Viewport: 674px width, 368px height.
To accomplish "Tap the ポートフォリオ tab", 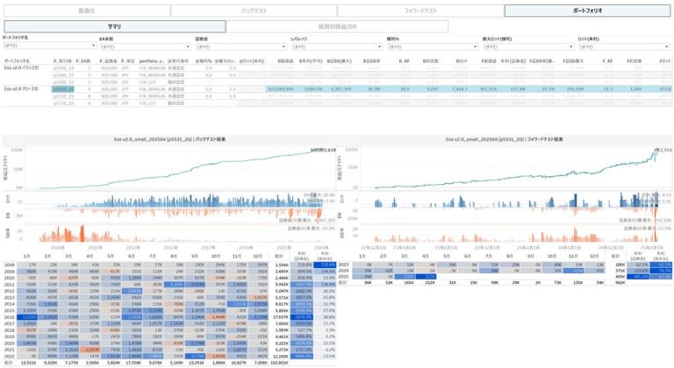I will [587, 11].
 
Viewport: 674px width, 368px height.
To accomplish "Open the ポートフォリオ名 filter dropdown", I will [44, 46].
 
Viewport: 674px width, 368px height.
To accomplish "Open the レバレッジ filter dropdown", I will [333, 46].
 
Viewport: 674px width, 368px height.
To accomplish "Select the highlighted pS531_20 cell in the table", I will [64, 88].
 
